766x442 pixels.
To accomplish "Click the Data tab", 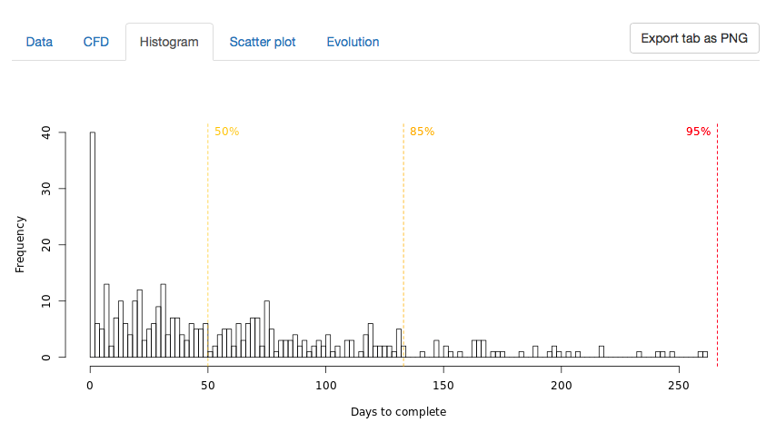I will [39, 42].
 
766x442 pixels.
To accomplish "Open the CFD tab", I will [95, 42].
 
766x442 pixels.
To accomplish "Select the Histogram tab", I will [169, 42].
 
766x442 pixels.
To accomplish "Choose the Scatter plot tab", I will [263, 42].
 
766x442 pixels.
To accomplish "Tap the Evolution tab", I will [353, 42].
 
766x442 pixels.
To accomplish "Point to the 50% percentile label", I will [226, 132].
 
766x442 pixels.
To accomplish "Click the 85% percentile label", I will [422, 132].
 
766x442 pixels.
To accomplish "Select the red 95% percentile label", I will [698, 132].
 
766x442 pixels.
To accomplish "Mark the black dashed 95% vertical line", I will [717, 245].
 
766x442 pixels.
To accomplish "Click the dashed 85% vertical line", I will [403, 245].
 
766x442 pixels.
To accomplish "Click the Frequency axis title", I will [19, 244].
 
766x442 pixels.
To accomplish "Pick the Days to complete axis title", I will [398, 412].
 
